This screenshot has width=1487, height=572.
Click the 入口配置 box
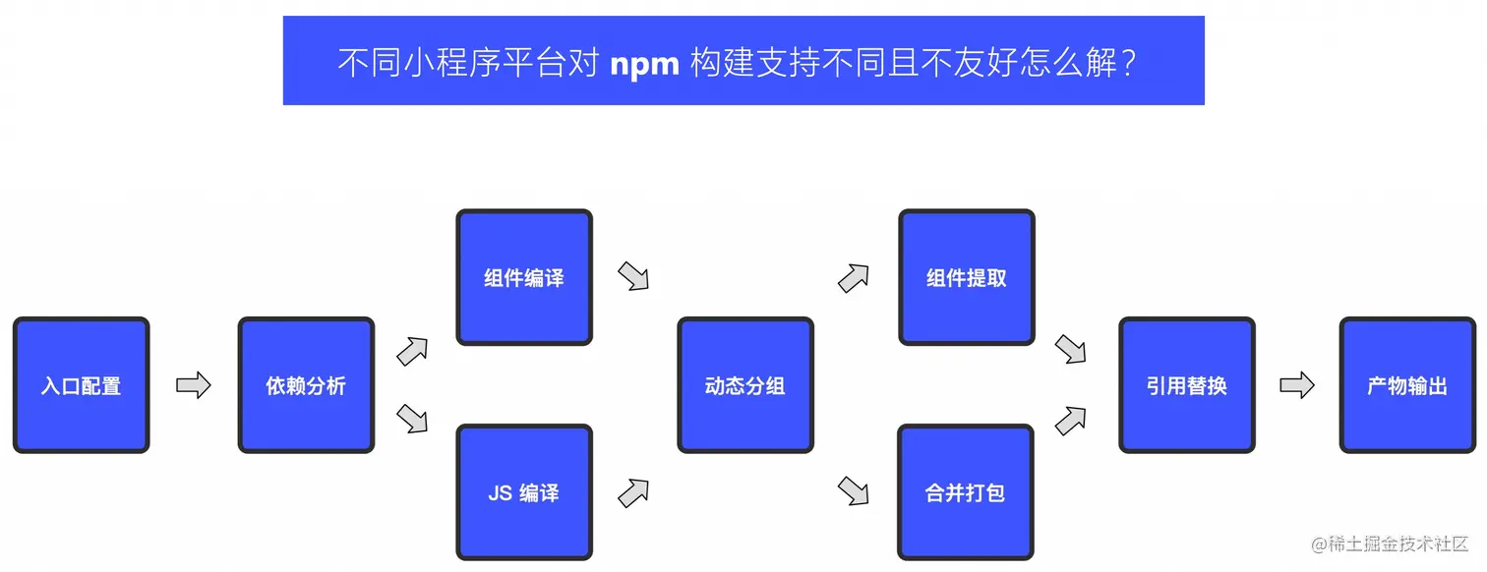click(81, 385)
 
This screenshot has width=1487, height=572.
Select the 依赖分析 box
click(306, 385)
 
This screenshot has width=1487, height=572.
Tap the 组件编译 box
click(524, 277)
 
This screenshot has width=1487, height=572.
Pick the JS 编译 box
click(524, 492)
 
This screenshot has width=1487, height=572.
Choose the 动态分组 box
click(745, 385)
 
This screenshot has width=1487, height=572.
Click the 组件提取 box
click(967, 277)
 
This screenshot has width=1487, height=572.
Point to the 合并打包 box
click(967, 492)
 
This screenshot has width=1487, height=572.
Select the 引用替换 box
click(1187, 385)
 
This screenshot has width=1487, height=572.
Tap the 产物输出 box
click(1407, 385)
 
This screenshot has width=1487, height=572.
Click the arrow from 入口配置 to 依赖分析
click(194, 385)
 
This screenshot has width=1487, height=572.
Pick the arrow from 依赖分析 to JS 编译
click(412, 419)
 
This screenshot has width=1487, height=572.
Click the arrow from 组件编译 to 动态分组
click(634, 276)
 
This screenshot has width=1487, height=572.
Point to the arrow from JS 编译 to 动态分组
click(634, 492)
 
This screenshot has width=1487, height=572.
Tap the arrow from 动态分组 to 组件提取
click(854, 278)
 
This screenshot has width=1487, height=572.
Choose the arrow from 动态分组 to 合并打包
click(854, 490)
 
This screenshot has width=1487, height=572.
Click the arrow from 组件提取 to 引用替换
click(1070, 349)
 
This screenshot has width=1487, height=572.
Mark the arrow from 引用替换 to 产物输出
click(1297, 385)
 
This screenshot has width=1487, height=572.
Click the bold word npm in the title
click(644, 63)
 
